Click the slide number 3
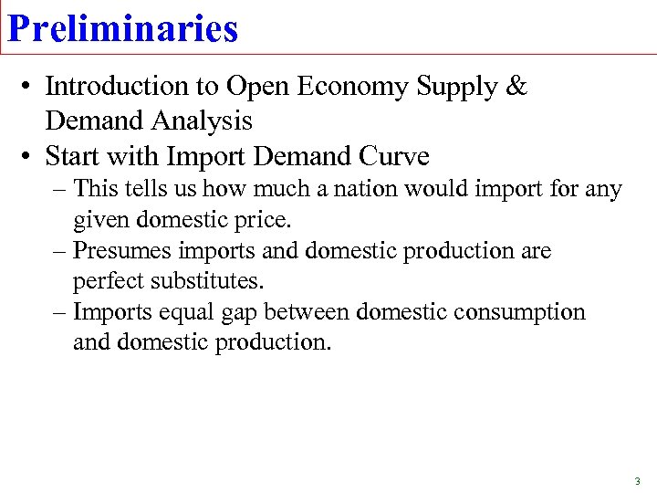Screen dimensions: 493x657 point(637,480)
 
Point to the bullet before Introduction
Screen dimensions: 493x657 point(30,87)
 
